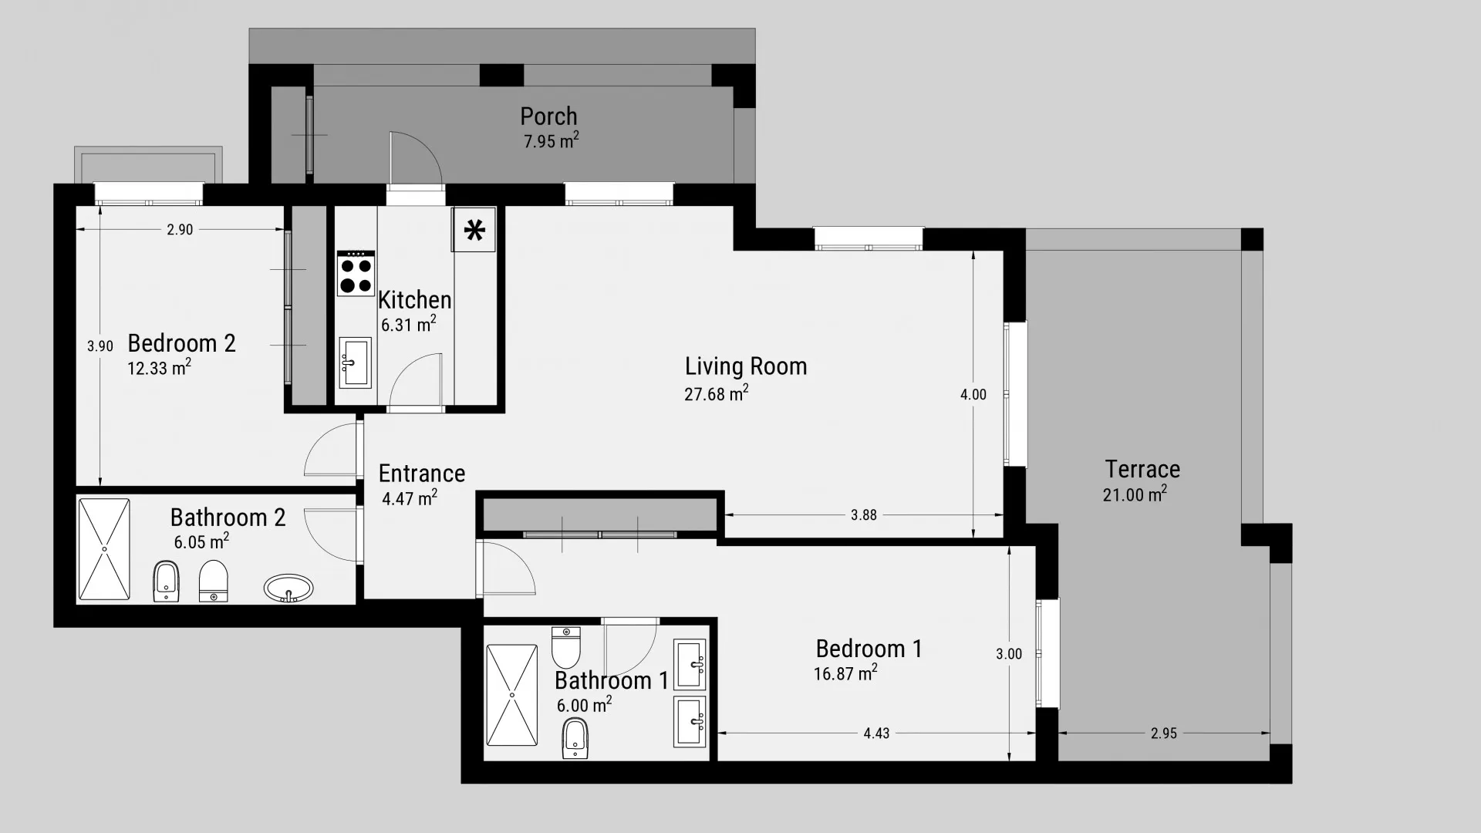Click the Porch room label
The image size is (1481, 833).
(548, 116)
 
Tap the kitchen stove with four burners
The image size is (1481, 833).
(356, 275)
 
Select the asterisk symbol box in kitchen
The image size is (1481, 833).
(474, 230)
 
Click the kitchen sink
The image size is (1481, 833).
(355, 363)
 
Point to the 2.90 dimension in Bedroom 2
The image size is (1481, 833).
(180, 230)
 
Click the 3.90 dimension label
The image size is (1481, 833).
(100, 346)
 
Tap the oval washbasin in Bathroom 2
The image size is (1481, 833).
(288, 588)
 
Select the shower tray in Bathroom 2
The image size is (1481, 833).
(104, 549)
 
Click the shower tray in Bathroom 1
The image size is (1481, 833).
(511, 695)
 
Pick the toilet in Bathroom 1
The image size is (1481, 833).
(565, 647)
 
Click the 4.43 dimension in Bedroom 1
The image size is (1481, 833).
(876, 734)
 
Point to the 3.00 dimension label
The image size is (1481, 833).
(1009, 654)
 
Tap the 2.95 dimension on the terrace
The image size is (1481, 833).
(1164, 734)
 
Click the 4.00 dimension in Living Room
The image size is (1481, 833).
(973, 394)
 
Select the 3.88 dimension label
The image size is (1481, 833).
(864, 515)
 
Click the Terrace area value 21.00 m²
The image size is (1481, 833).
(1134, 494)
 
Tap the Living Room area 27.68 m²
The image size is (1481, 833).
(716, 394)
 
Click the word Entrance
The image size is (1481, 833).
(422, 473)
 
